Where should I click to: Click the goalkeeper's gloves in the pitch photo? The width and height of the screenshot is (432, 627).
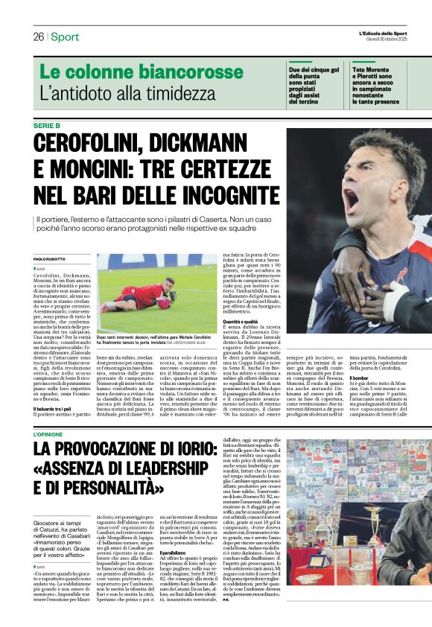[x=171, y=296]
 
